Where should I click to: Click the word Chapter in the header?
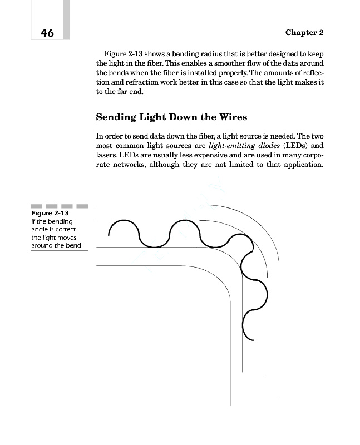(300, 33)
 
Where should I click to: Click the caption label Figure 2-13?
(50, 214)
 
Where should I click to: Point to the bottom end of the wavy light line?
(253, 339)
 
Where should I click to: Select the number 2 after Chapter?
(321, 33)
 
